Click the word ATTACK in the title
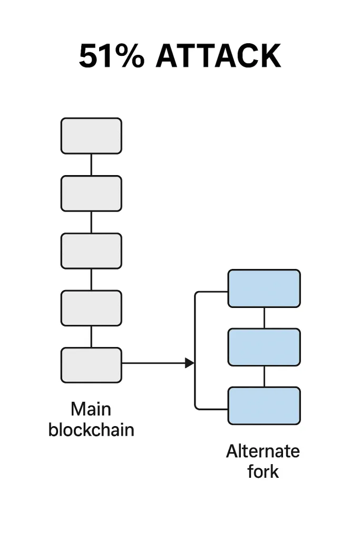218,56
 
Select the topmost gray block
91,136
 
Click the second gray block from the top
91,194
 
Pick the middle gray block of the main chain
91,251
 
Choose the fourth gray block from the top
91,308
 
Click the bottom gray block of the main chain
91,365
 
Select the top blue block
264,288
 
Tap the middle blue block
264,347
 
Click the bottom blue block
264,406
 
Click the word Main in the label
91,409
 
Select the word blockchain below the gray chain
91,429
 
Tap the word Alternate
263,451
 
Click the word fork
263,471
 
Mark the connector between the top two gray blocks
91,165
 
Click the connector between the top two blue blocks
264,317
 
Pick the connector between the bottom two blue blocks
264,376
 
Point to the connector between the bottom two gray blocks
91,336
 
